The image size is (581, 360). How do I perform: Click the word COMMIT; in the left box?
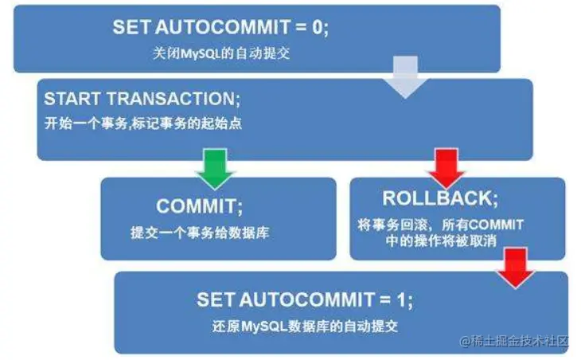pos(200,206)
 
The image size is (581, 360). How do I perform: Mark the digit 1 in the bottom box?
pos(404,300)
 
